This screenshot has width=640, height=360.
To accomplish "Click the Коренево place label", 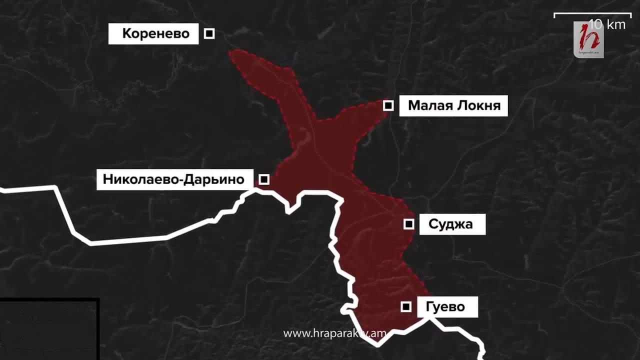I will tap(155, 34).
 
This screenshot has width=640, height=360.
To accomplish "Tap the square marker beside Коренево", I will tap(209, 33).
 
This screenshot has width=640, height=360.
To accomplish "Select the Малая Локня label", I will tap(453, 106).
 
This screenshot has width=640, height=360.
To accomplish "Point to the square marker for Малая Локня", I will tap(388, 105).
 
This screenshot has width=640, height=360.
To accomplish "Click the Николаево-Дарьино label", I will tap(173, 179).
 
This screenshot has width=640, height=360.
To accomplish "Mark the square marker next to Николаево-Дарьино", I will tap(264, 179).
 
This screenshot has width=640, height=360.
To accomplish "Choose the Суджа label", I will tap(450, 224).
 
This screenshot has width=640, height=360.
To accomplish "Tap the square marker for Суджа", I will tap(409, 224).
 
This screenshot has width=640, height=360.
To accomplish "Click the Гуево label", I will tap(447, 307).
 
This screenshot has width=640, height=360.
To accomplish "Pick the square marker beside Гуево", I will tap(406, 306).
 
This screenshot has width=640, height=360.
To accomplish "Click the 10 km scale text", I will tap(607, 24).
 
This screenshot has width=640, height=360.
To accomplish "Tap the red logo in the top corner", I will tap(589, 39).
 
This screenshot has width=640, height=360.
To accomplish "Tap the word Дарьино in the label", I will tap(215, 179).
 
